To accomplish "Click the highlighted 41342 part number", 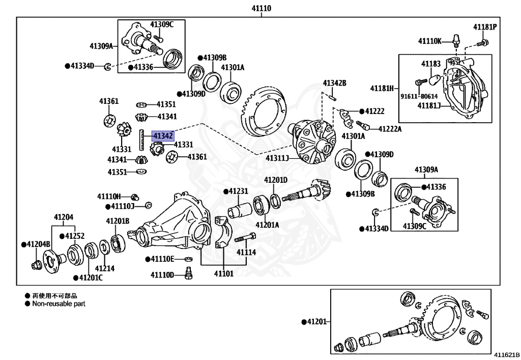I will point(163,135).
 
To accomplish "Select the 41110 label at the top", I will point(261,8).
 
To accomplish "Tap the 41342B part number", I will point(334,83).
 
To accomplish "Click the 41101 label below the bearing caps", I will point(223,274).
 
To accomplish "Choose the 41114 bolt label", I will point(245,252).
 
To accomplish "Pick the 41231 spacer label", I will point(237,191).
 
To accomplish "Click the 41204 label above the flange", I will point(64,217).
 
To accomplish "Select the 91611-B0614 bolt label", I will point(419,95).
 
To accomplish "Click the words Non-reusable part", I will point(59,303).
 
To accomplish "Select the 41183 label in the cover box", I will point(430,64).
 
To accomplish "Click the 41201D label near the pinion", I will point(275,180).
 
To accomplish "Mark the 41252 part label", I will point(74,236).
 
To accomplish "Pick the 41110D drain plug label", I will point(162,275).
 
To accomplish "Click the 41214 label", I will point(104,268).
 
